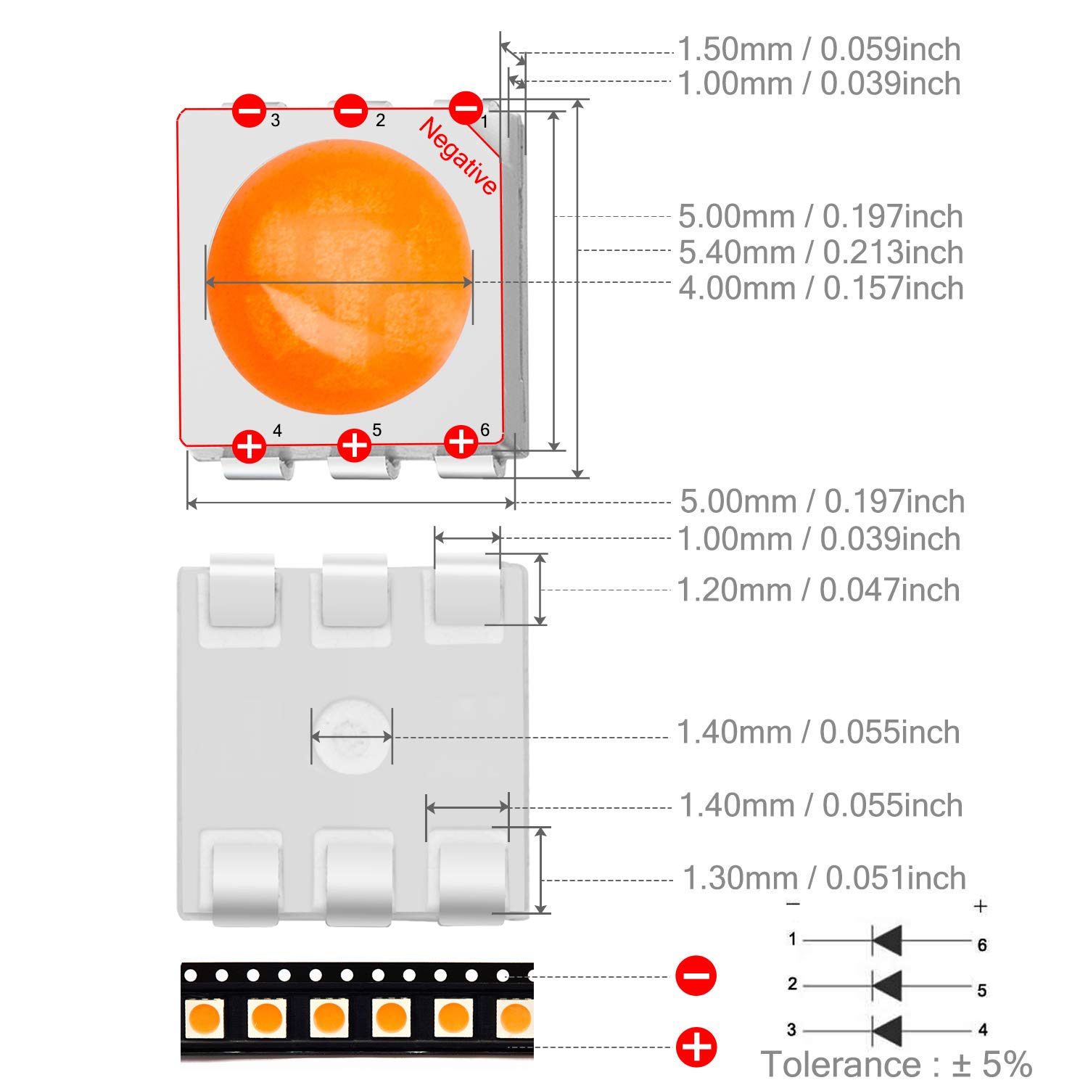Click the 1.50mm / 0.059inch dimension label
(x=819, y=49)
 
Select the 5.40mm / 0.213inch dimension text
(x=821, y=252)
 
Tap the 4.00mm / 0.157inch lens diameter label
(x=821, y=288)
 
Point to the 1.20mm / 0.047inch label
(x=818, y=590)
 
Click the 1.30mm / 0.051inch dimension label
(x=825, y=878)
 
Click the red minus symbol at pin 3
(x=249, y=111)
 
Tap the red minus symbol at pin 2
(x=351, y=111)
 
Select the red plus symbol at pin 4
(x=249, y=445)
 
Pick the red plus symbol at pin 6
(x=461, y=441)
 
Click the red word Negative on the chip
(x=458, y=156)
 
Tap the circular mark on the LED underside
(x=352, y=736)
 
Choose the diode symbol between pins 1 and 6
(x=886, y=941)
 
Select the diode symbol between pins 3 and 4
(x=886, y=1030)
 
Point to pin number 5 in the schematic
(x=982, y=990)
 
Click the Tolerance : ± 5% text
(x=897, y=1064)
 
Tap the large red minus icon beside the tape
(x=696, y=976)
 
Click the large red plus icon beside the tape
(x=696, y=1047)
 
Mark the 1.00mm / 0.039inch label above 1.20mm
(x=818, y=539)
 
